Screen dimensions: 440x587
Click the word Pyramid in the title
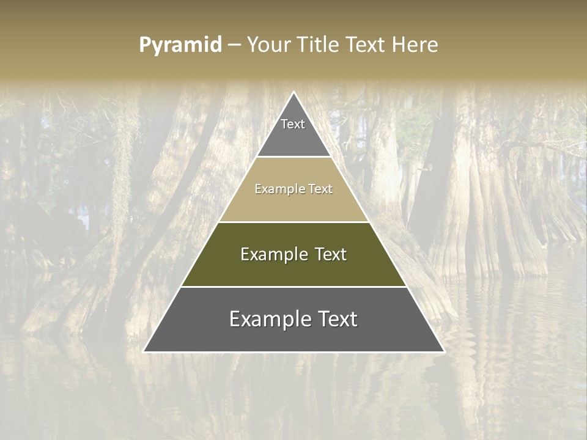[180, 45]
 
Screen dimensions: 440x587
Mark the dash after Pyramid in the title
[234, 45]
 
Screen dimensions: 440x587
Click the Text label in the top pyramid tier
[293, 124]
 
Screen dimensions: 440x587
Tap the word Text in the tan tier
[319, 189]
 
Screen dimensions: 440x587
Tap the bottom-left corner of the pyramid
[144, 351]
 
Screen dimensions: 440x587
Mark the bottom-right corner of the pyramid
[444, 351]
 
